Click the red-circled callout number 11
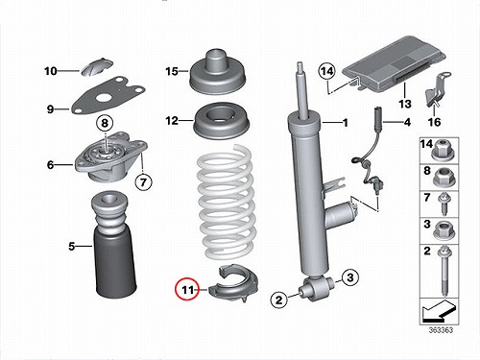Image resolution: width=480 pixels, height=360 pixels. click(x=187, y=290)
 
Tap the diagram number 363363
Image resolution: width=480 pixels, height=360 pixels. click(x=441, y=330)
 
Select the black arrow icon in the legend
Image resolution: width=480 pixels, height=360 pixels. click(x=438, y=311)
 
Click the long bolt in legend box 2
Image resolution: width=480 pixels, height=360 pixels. click(x=444, y=271)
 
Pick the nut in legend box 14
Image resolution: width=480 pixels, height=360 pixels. click(x=443, y=150)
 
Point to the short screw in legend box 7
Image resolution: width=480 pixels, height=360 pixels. click(x=444, y=204)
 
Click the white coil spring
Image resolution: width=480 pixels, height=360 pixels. click(x=227, y=202)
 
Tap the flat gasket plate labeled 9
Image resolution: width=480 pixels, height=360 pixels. click(x=108, y=95)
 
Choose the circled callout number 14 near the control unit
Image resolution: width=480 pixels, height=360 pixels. click(x=326, y=72)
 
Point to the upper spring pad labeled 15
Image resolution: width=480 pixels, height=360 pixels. click(x=221, y=73)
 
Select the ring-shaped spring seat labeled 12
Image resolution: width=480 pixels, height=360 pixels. click(x=222, y=120)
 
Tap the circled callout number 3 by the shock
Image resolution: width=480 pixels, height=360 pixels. click(x=349, y=277)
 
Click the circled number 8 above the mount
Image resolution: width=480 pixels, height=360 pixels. click(x=106, y=123)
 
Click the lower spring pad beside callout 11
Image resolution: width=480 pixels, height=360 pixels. click(x=233, y=284)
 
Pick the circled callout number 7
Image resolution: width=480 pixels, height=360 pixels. click(x=143, y=182)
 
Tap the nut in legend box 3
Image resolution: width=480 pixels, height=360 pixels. click(x=443, y=230)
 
